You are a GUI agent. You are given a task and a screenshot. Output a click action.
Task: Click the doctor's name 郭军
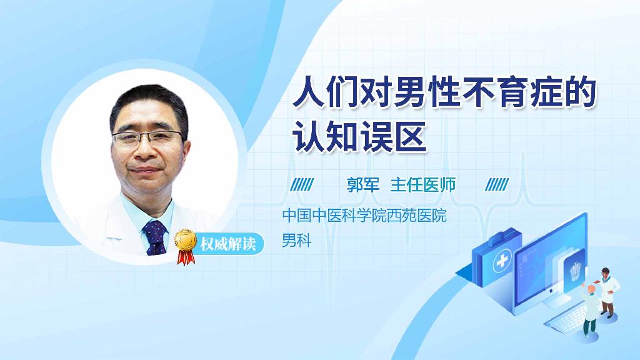click(x=363, y=185)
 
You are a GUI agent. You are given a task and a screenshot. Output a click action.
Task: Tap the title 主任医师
click(x=423, y=185)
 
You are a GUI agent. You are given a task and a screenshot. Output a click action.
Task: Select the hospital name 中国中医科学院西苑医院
click(x=364, y=217)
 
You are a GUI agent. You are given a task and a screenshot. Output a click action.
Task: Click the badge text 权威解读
click(x=227, y=242)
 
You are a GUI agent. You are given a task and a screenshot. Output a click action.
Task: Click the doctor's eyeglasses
click(x=149, y=138)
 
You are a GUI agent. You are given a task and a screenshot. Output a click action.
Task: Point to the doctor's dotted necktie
click(x=155, y=237)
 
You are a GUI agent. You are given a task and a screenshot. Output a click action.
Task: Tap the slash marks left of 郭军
click(x=303, y=185)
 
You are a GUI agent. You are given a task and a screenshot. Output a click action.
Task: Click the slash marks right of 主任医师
click(x=497, y=185)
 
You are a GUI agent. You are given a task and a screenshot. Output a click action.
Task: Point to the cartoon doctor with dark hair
click(x=607, y=287)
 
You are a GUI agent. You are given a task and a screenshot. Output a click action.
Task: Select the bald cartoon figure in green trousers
click(x=589, y=309)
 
